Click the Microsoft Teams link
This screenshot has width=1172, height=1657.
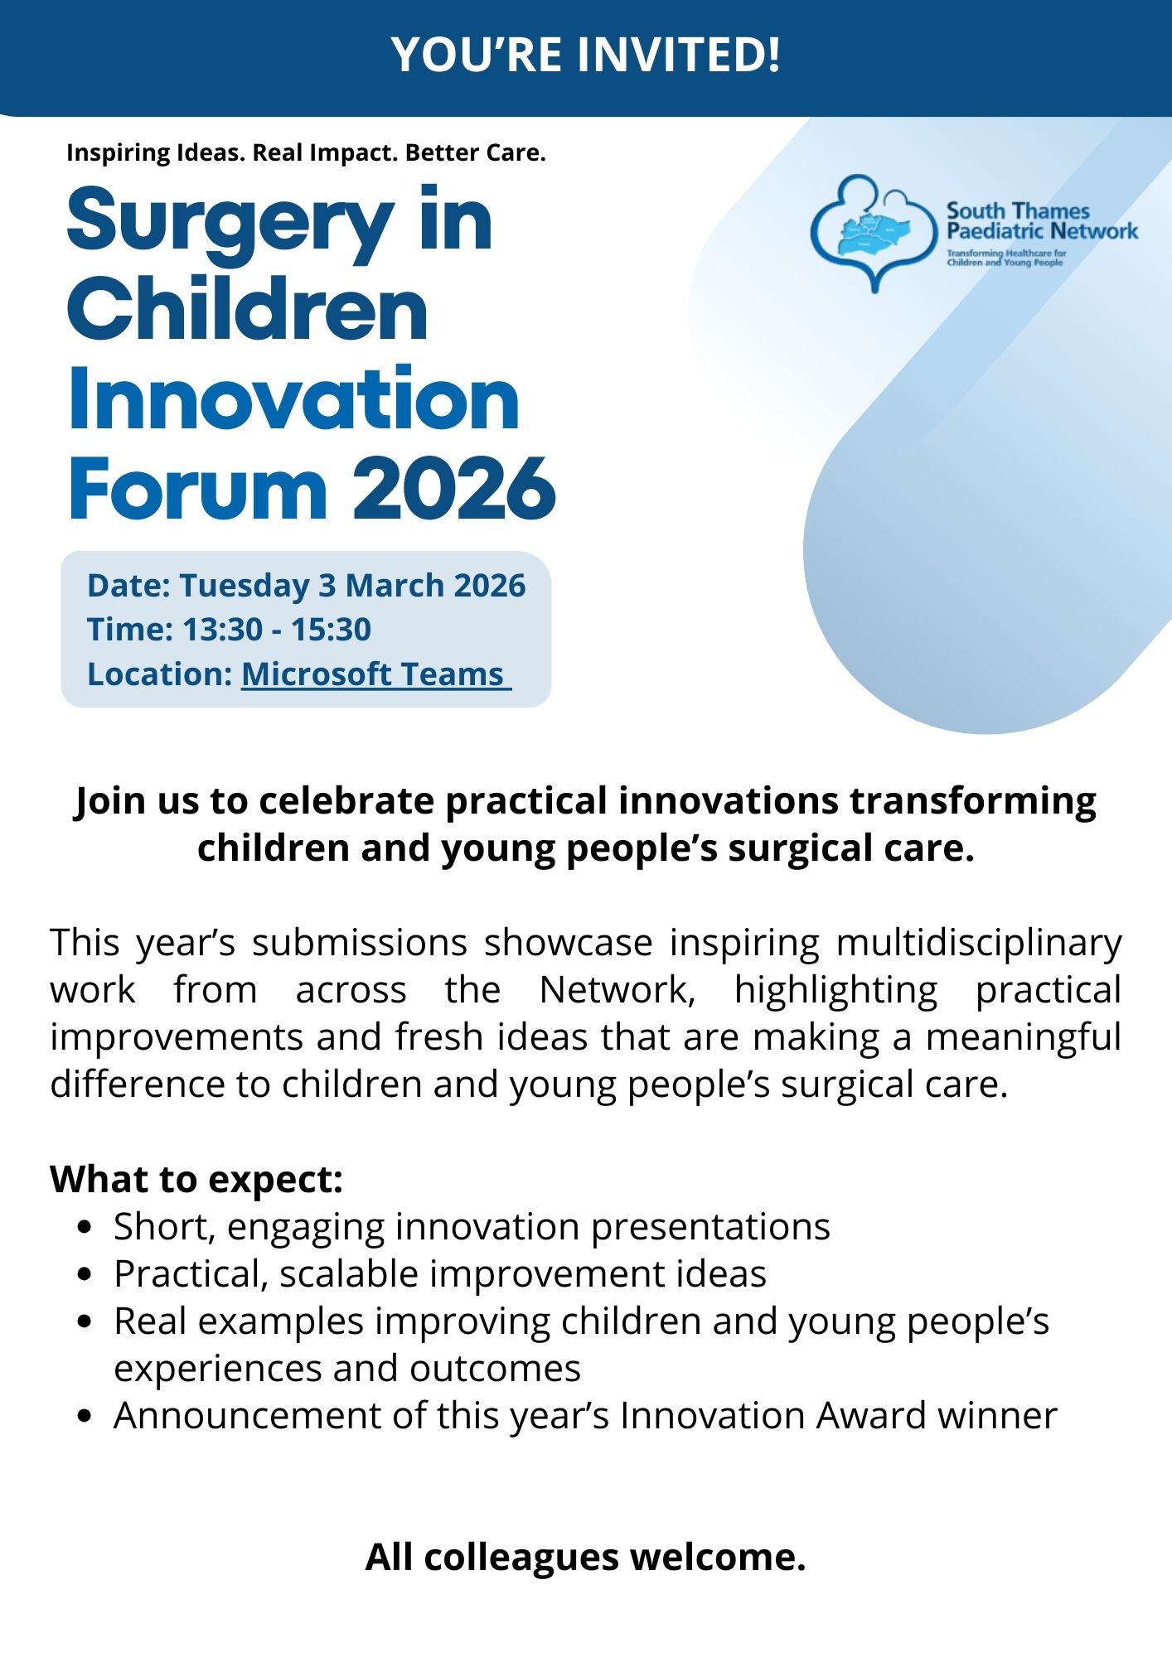376,674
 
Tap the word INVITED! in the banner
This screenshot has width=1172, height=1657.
679,55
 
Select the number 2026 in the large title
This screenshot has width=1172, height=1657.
454,489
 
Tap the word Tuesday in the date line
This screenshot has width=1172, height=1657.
245,586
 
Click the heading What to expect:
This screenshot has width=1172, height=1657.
196,1179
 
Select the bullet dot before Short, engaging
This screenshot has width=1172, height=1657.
83,1227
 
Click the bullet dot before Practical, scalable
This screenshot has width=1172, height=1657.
83,1274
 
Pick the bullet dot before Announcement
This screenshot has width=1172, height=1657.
83,1416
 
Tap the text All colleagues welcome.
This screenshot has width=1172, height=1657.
586,1557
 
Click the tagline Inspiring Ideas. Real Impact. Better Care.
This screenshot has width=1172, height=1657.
306,153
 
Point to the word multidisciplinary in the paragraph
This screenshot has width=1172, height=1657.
979,944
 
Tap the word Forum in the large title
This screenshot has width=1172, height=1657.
199,489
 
